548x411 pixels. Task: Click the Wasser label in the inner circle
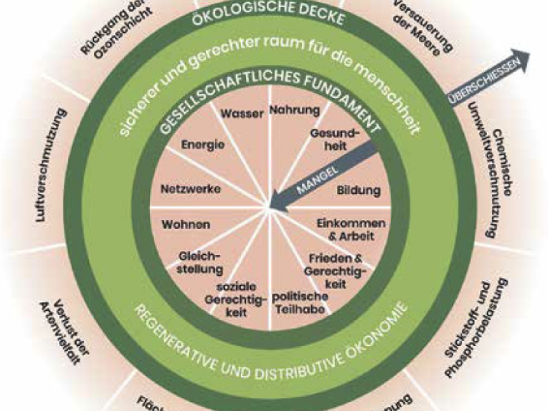tap(242, 114)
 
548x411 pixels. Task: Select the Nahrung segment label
tap(294, 110)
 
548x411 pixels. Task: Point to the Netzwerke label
tap(186, 188)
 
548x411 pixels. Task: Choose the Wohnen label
tap(186, 224)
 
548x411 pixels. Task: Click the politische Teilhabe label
tap(299, 302)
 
